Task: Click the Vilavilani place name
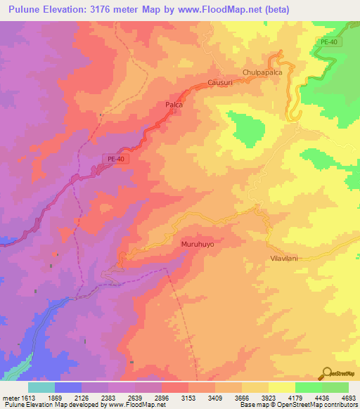[286, 259]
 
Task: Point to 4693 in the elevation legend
[340, 397]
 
